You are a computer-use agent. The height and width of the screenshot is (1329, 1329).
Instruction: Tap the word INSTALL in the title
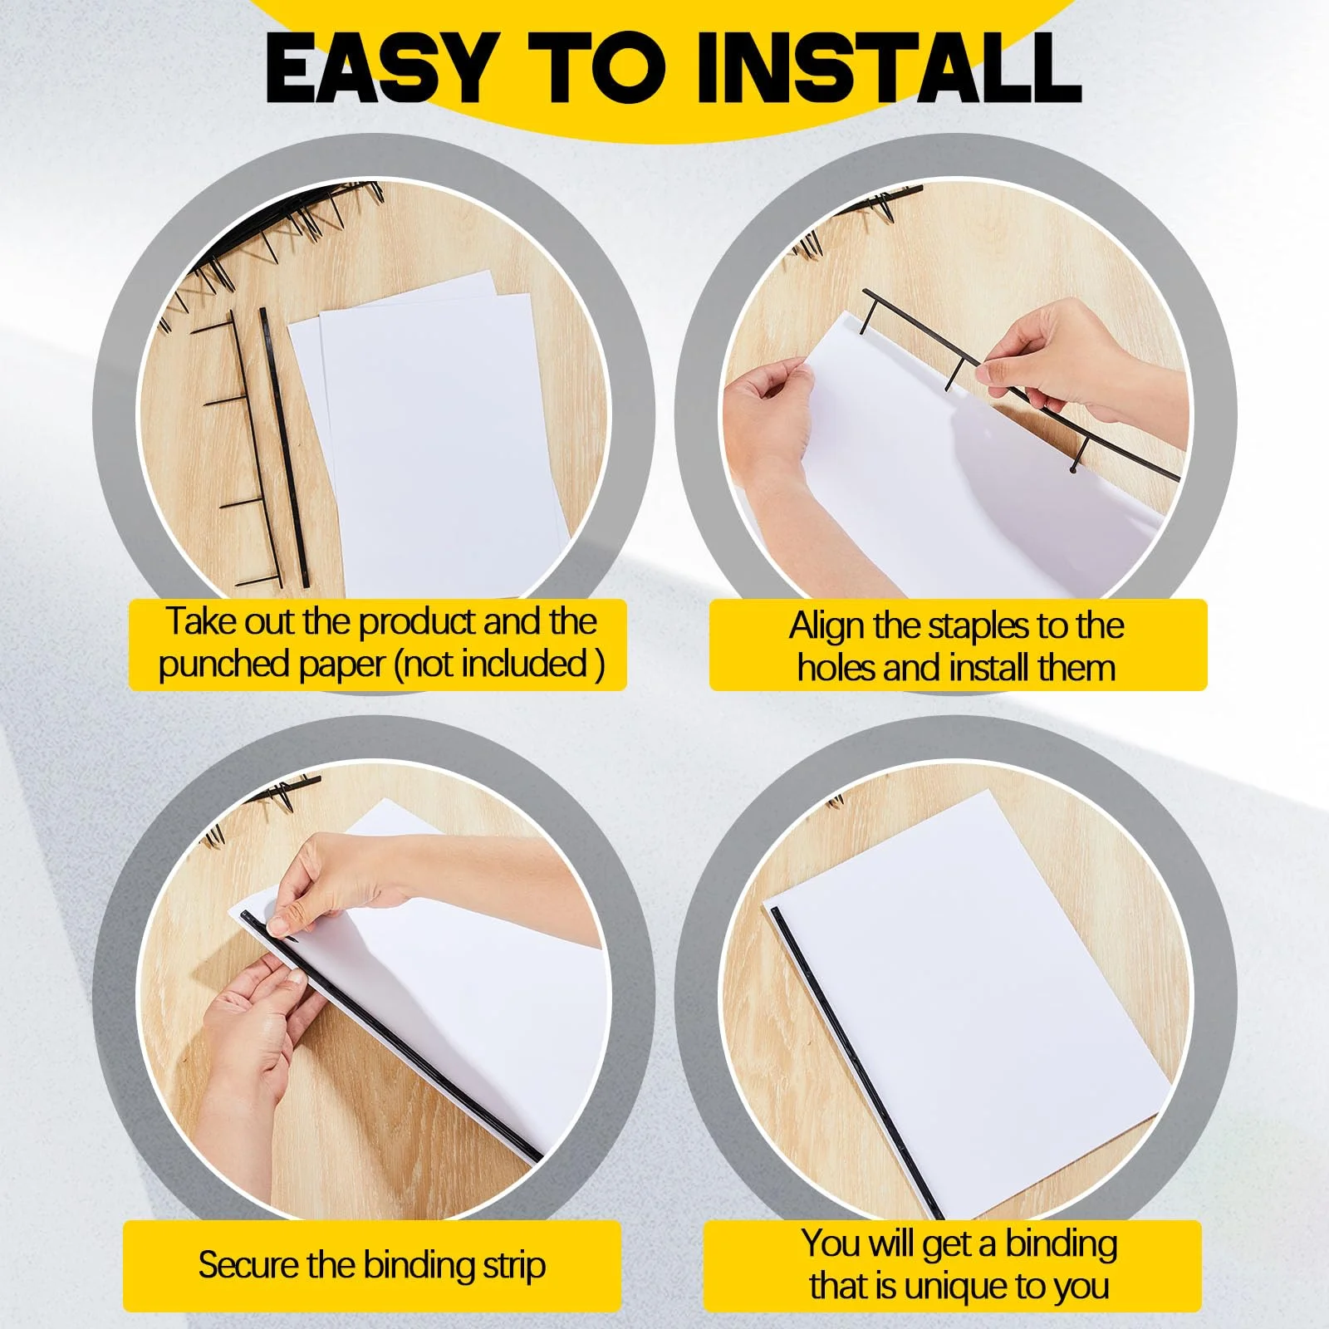click(888, 66)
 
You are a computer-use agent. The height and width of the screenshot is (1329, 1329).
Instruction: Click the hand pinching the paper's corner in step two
click(768, 424)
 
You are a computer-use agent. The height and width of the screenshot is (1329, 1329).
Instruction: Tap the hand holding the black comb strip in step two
click(1080, 365)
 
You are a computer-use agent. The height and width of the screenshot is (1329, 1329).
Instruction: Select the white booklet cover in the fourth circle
click(972, 997)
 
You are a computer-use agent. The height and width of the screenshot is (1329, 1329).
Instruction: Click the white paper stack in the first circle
click(432, 432)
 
